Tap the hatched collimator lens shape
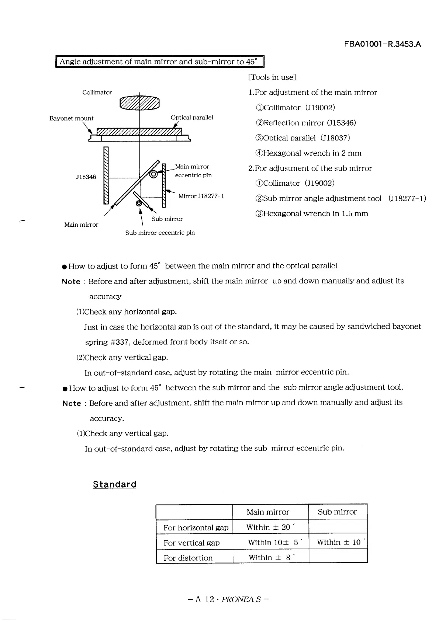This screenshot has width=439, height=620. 139,102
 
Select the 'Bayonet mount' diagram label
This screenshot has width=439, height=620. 71,118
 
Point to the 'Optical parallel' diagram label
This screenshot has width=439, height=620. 191,117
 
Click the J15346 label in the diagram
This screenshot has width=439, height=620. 86,177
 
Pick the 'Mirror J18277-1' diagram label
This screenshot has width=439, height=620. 201,196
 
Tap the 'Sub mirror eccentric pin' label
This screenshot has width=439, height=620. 160,233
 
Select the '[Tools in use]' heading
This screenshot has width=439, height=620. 272,77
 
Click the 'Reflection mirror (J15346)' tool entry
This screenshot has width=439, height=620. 305,123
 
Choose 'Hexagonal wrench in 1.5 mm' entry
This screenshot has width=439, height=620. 311,213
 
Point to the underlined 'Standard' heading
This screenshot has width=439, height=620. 114,484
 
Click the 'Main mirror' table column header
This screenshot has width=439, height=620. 268,512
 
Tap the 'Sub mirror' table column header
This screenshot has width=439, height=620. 337,512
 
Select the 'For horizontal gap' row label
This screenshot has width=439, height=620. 196,527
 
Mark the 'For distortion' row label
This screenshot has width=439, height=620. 188,558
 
